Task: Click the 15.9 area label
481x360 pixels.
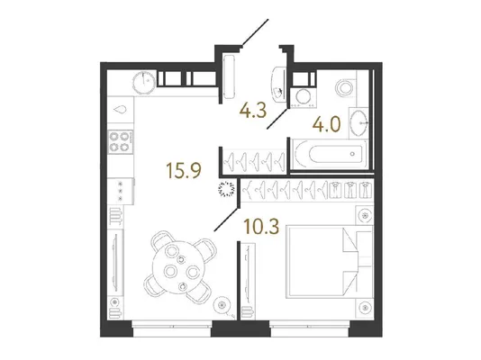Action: [x=184, y=170]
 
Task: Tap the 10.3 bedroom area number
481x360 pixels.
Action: [x=261, y=227]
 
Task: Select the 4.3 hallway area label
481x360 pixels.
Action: [x=253, y=111]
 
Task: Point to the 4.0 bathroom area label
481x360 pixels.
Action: [x=327, y=125]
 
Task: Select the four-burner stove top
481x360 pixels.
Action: [x=121, y=142]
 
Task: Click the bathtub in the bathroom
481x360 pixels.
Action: [x=329, y=154]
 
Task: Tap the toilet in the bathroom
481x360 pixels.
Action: [x=346, y=88]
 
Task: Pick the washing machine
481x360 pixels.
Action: [x=303, y=97]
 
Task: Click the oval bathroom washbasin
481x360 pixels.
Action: [x=358, y=123]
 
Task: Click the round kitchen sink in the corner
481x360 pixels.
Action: [x=144, y=82]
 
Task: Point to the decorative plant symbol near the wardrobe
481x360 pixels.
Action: [x=227, y=189]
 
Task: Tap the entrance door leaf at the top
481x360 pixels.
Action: [x=255, y=32]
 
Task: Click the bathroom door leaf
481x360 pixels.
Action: [x=277, y=119]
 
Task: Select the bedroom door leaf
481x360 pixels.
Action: [x=226, y=220]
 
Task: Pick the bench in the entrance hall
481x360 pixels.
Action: [x=229, y=76]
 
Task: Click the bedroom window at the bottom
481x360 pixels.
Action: [x=309, y=328]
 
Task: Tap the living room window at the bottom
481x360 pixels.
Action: [x=172, y=328]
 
